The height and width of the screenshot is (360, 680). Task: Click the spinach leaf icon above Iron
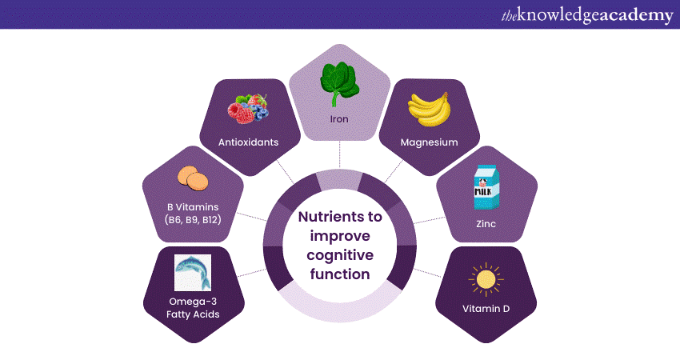(x=339, y=82)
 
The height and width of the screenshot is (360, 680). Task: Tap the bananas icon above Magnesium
(x=430, y=110)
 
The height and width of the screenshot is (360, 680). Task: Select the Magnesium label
(x=430, y=142)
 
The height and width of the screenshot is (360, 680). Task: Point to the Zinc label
(x=485, y=224)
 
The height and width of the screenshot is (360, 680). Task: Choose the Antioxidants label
(x=248, y=142)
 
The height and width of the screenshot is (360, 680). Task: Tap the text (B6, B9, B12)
(x=192, y=220)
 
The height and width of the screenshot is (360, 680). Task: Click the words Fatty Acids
(x=192, y=314)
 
